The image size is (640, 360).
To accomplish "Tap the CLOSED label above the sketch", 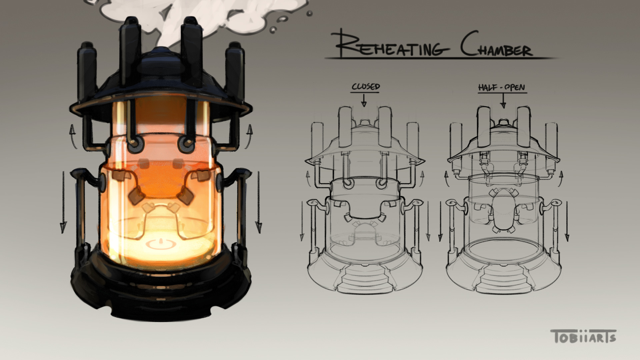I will [366, 87].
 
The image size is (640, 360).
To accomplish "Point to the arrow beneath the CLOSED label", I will [364, 100].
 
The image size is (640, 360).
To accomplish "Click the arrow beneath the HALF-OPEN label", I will [503, 101].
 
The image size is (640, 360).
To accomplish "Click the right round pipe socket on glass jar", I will [185, 143].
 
